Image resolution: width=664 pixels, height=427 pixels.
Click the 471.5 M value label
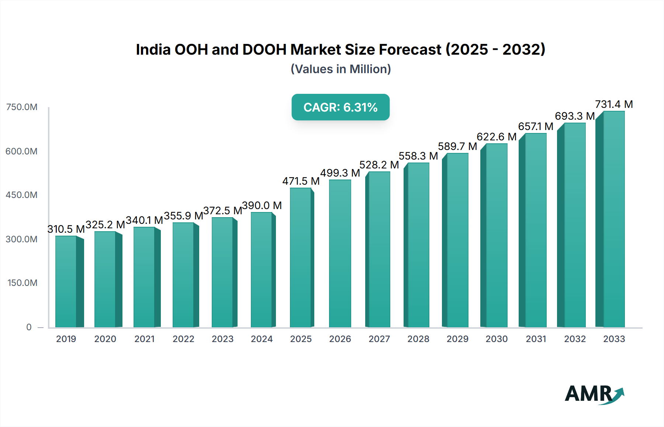point(301,181)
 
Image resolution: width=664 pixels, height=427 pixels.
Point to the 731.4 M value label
point(614,105)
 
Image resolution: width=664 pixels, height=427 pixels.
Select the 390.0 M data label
point(262,205)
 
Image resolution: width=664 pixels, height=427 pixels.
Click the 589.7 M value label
point(457,146)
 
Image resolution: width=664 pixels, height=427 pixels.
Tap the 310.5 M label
point(66,229)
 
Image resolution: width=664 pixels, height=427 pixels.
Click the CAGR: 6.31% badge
point(340,107)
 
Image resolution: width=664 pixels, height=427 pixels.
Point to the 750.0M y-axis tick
point(22,107)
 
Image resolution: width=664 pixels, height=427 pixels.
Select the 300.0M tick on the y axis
point(22,239)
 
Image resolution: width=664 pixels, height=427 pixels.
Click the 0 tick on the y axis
point(29,327)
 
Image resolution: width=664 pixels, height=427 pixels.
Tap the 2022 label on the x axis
point(183,339)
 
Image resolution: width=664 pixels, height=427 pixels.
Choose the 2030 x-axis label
point(497,339)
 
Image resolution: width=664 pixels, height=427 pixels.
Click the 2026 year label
point(340,339)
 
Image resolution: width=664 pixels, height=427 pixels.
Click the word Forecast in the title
point(410,49)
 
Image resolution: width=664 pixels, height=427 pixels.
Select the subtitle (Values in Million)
point(340,69)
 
